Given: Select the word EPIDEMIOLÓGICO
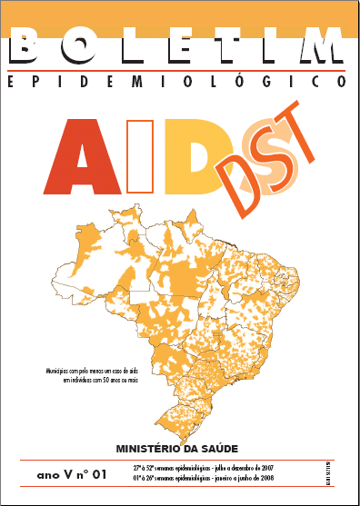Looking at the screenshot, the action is [x=177, y=82].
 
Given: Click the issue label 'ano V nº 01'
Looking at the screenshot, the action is [x=73, y=472].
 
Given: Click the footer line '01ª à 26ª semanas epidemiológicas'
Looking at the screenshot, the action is [x=203, y=477].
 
